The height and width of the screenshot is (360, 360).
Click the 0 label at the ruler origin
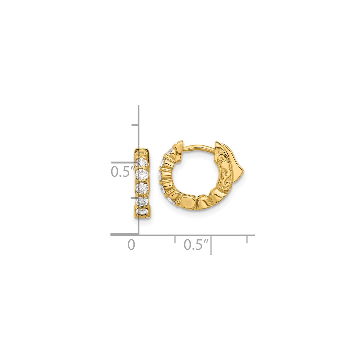click(131, 245)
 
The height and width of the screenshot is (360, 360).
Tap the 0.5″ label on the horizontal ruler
click(197, 245)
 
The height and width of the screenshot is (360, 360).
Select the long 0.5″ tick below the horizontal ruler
click(211, 245)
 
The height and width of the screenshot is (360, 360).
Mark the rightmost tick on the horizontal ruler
click(247, 239)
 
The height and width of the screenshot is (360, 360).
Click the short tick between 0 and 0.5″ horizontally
click(174, 239)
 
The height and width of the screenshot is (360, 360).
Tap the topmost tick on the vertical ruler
click(135, 125)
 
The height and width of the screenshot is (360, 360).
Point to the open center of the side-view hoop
click(196, 172)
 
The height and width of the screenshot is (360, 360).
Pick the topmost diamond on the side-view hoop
click(170, 152)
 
